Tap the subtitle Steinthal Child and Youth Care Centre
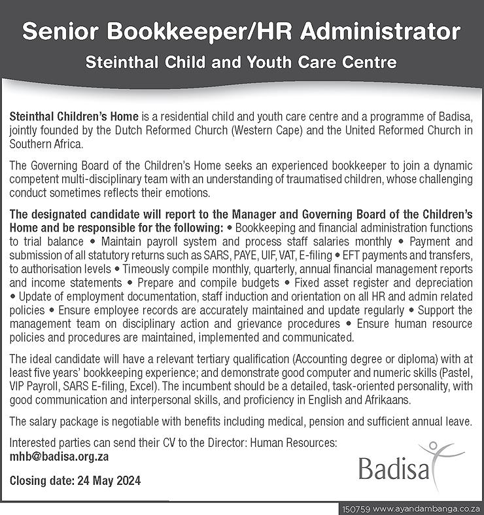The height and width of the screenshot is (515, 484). (242, 63)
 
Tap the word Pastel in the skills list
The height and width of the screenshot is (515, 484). (456, 372)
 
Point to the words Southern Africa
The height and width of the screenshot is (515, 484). (46, 143)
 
